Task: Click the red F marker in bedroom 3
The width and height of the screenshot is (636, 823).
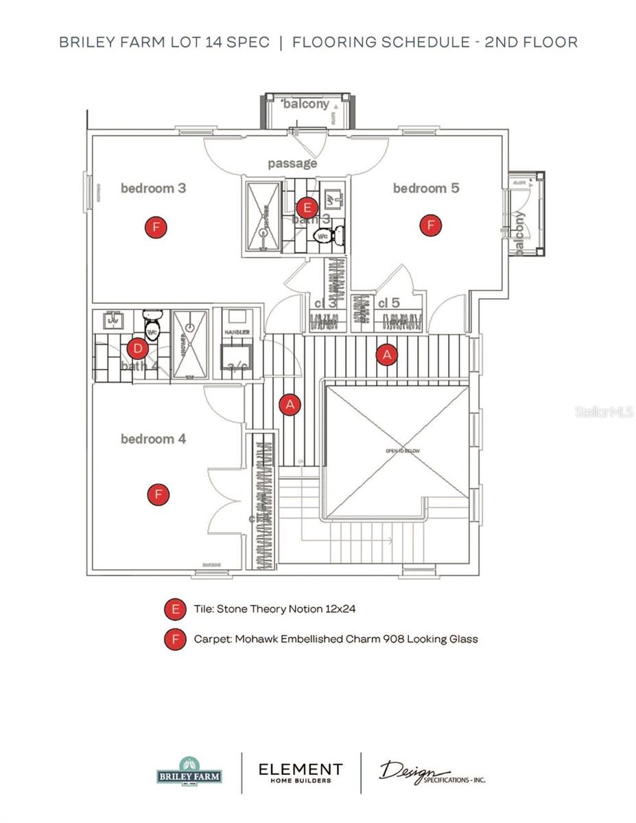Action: pyautogui.click(x=156, y=228)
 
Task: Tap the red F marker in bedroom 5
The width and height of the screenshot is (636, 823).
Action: pyautogui.click(x=431, y=224)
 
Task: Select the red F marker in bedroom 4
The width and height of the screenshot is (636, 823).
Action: pyautogui.click(x=158, y=494)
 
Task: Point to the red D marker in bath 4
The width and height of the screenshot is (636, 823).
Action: pyautogui.click(x=138, y=349)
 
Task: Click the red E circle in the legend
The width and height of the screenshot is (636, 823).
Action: pyautogui.click(x=176, y=608)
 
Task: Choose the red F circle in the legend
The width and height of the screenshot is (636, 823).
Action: pyautogui.click(x=176, y=639)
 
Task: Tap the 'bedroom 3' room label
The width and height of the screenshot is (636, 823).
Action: pyautogui.click(x=153, y=188)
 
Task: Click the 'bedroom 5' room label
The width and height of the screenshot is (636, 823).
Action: pyautogui.click(x=425, y=188)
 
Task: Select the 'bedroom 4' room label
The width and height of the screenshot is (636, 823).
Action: pyautogui.click(x=153, y=439)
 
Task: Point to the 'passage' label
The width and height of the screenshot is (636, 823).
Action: pyautogui.click(x=292, y=164)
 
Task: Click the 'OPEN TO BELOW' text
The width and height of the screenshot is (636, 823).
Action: pyautogui.click(x=403, y=451)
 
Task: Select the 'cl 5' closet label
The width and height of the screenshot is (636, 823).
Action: pyautogui.click(x=388, y=302)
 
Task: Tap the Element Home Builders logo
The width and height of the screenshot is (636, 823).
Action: pyautogui.click(x=300, y=773)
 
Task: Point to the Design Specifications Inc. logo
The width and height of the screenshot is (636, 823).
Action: pyautogui.click(x=432, y=772)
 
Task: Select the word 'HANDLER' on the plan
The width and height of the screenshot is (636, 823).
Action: pyautogui.click(x=236, y=333)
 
